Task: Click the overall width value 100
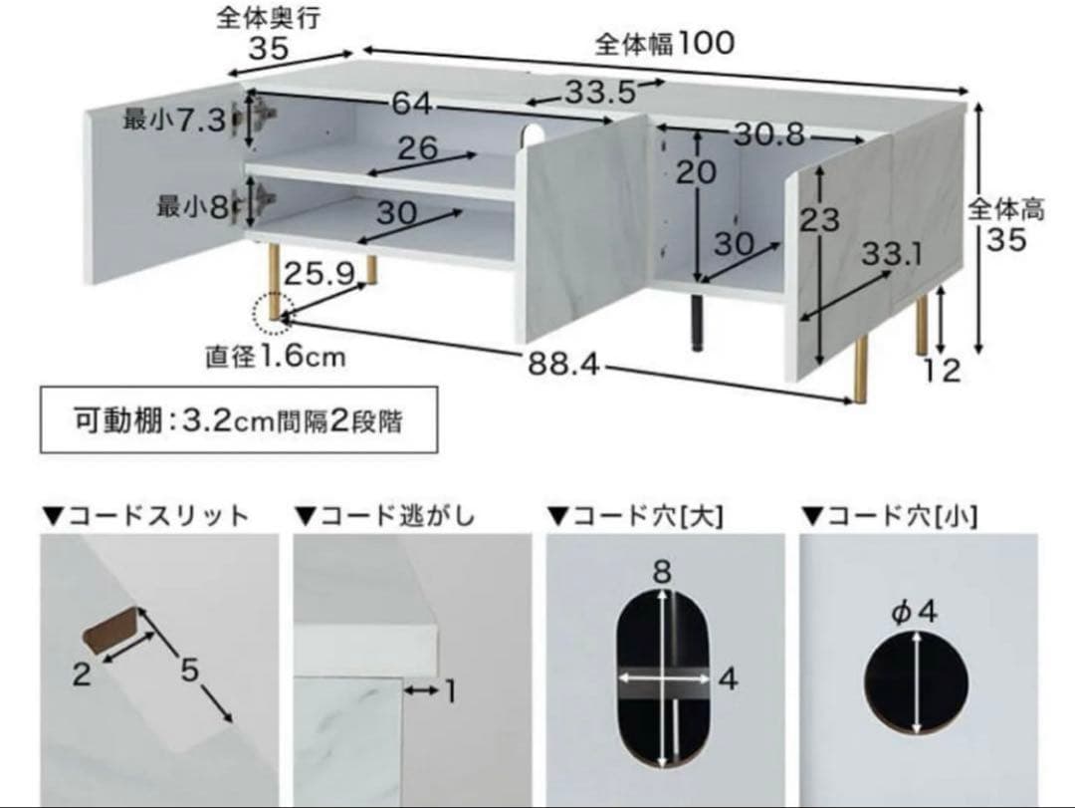(x=708, y=44)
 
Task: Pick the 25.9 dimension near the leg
(x=320, y=274)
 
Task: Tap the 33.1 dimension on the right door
(x=892, y=256)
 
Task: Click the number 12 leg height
(x=940, y=371)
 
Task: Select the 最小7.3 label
(x=175, y=122)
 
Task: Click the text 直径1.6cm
(x=276, y=356)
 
